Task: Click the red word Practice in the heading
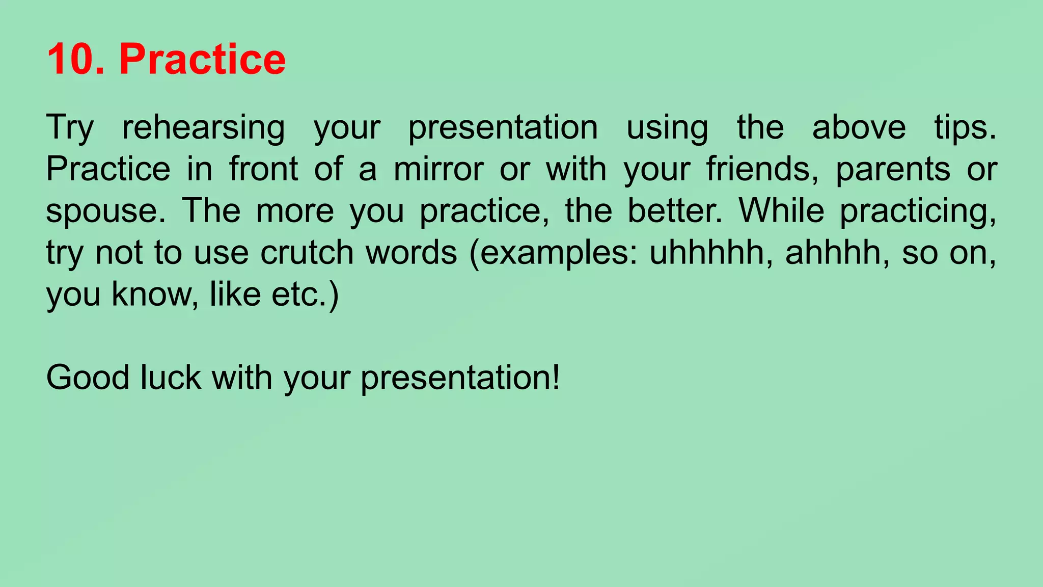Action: click(202, 60)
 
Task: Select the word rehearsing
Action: click(203, 127)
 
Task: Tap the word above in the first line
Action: click(859, 127)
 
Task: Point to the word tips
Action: click(965, 127)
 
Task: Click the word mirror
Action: click(438, 169)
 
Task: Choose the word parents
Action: click(893, 170)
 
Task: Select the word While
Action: click(781, 210)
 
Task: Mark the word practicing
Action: click(917, 211)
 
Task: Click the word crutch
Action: click(307, 253)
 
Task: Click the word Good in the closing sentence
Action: click(88, 378)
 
